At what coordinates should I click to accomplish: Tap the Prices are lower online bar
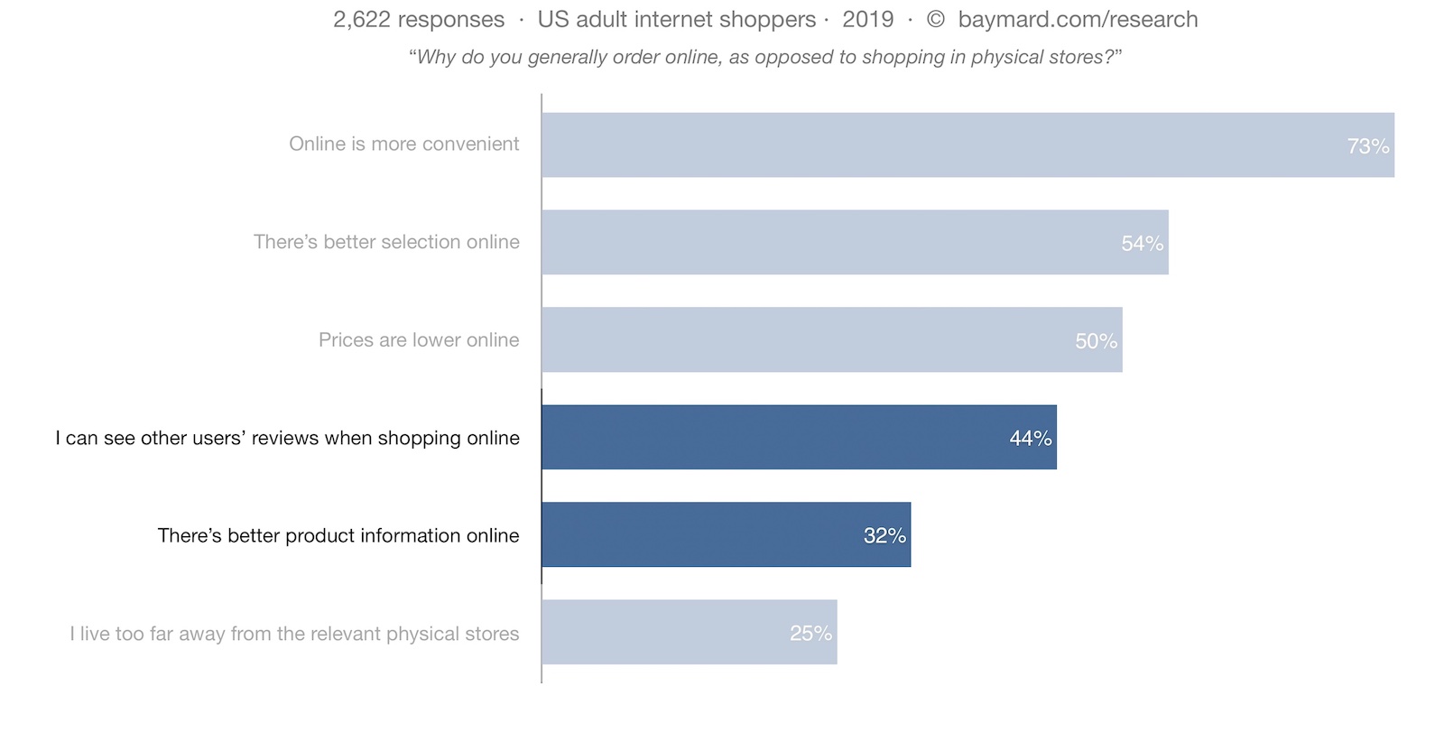pos(831,339)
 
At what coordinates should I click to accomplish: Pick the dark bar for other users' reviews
pos(799,437)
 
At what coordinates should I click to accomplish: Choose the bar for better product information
pos(726,534)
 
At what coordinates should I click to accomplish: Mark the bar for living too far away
pos(689,632)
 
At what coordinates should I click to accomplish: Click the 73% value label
pos(1367,146)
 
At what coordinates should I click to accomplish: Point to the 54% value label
pos(1142,244)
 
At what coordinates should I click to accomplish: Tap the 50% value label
pos(1096,341)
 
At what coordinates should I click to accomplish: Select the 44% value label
pos(1030,439)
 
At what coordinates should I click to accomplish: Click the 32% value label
pos(884,535)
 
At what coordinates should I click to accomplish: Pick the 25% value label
pos(810,634)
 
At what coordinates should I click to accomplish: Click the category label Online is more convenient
pos(403,144)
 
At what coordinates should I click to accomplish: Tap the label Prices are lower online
pos(419,340)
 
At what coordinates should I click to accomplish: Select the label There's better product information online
pos(338,536)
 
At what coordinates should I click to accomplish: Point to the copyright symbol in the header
pos(936,20)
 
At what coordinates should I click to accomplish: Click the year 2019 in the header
pos(867,20)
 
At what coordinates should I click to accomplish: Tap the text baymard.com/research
pos(1078,20)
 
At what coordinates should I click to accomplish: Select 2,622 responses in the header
pos(419,20)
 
